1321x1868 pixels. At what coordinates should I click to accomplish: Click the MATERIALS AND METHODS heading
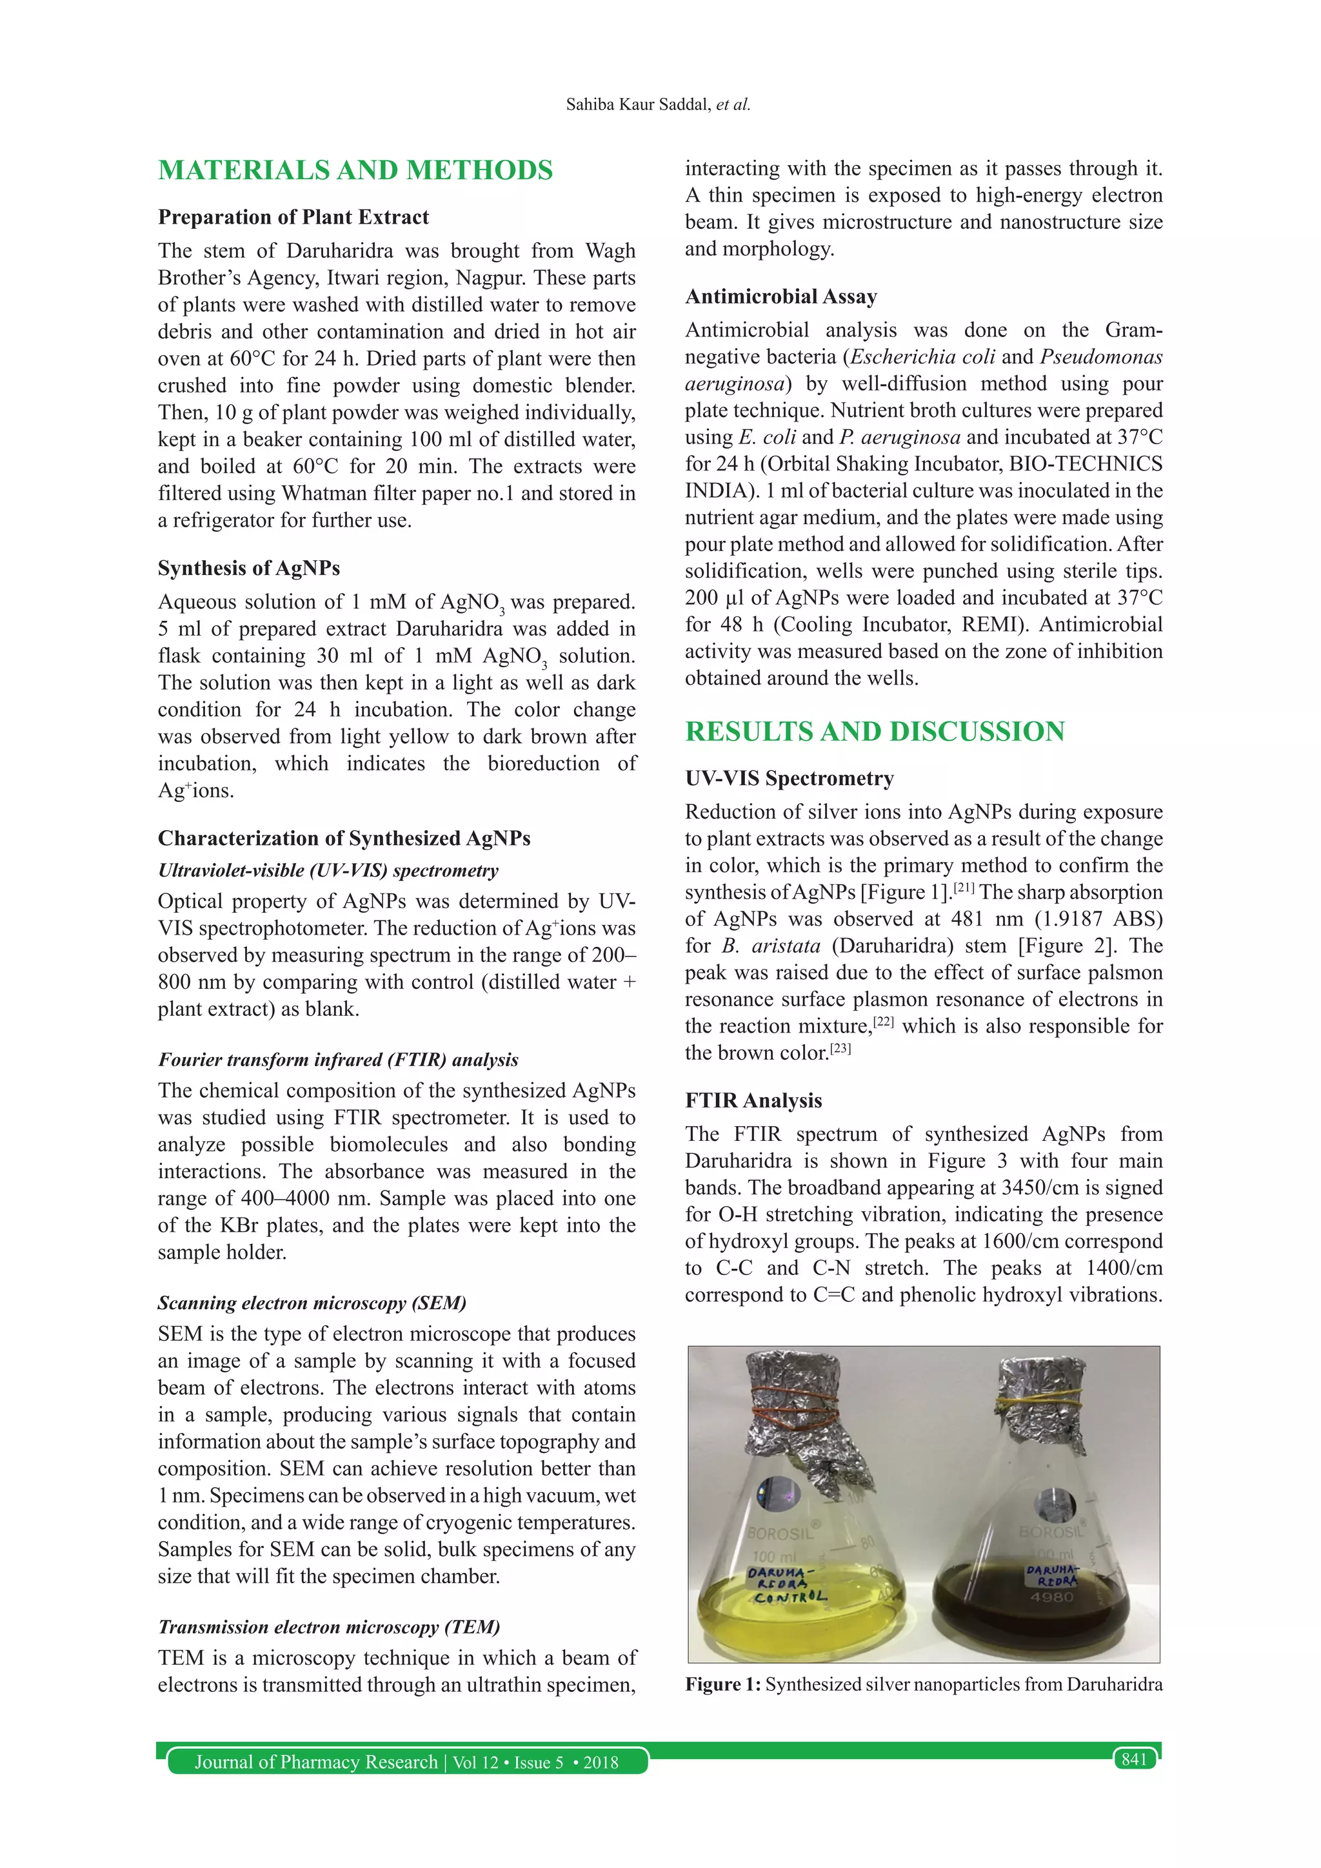[355, 170]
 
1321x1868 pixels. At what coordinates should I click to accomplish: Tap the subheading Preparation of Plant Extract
[293, 217]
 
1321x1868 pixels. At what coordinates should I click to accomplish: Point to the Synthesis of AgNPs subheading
[248, 568]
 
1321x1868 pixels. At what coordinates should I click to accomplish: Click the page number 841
[1134, 1759]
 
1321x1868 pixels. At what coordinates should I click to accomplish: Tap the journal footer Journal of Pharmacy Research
[316, 1762]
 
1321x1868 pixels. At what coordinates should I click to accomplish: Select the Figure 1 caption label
[722, 1684]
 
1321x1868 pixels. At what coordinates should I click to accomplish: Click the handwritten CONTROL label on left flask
[790, 1597]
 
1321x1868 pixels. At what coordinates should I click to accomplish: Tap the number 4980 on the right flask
[1051, 1597]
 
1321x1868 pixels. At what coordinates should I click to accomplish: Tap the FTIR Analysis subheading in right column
[753, 1101]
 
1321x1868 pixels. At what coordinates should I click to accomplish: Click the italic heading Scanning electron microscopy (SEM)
[312, 1303]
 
